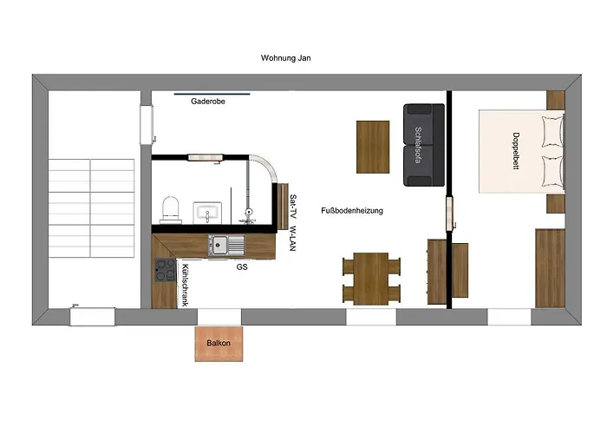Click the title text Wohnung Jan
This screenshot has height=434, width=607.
coord(285,58)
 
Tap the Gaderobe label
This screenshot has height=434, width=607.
coord(208,102)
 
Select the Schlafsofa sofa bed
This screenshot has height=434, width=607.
coord(424,145)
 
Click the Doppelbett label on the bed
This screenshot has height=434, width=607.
coord(516,151)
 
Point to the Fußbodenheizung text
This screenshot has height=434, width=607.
coord(352,211)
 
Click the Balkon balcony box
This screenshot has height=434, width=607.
coord(219,344)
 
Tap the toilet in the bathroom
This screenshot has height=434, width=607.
coord(171,210)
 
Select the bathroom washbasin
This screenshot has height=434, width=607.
coord(207,213)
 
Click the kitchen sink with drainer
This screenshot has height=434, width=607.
coord(226,246)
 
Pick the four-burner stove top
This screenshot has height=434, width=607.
coord(166,270)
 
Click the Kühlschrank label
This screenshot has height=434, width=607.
coord(185,286)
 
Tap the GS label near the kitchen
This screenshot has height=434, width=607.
coord(242,267)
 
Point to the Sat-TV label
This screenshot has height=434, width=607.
coord(293,207)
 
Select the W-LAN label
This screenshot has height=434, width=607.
coord(293,239)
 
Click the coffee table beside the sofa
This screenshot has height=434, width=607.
coord(373,147)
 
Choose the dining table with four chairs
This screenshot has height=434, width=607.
coord(371,279)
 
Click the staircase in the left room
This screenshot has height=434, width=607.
coord(91,208)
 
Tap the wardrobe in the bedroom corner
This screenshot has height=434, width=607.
coord(550,268)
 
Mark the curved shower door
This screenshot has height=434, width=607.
coord(266,166)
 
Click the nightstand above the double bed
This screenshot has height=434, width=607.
coord(556,100)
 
